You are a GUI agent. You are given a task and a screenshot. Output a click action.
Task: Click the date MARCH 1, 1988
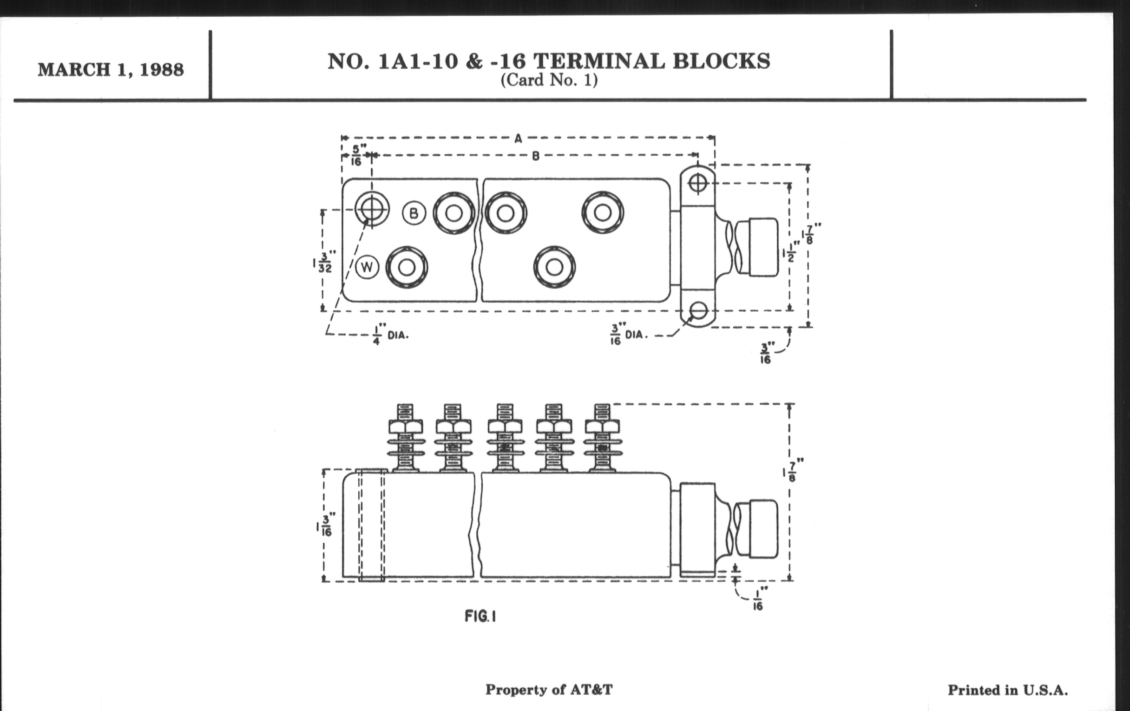click(x=111, y=70)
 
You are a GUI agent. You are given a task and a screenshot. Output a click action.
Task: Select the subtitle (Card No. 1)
click(x=549, y=80)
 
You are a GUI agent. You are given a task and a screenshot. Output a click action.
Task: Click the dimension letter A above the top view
click(x=518, y=138)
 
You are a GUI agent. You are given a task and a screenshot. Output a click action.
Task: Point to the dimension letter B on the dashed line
click(x=535, y=156)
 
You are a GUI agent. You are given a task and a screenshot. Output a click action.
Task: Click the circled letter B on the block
click(x=414, y=214)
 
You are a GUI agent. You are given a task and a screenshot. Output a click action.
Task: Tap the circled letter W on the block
click(x=367, y=268)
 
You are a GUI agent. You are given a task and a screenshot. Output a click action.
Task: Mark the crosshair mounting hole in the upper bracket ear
click(x=698, y=183)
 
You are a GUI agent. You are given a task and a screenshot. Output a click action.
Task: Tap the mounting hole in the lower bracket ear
click(x=699, y=310)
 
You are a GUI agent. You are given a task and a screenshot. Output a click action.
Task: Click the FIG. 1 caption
click(x=480, y=616)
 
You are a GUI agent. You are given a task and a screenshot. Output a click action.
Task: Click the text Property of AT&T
click(x=549, y=690)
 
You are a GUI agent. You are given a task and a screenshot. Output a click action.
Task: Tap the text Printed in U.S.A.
click(x=1008, y=691)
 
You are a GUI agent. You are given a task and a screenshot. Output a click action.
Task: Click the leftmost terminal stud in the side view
click(x=406, y=438)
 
